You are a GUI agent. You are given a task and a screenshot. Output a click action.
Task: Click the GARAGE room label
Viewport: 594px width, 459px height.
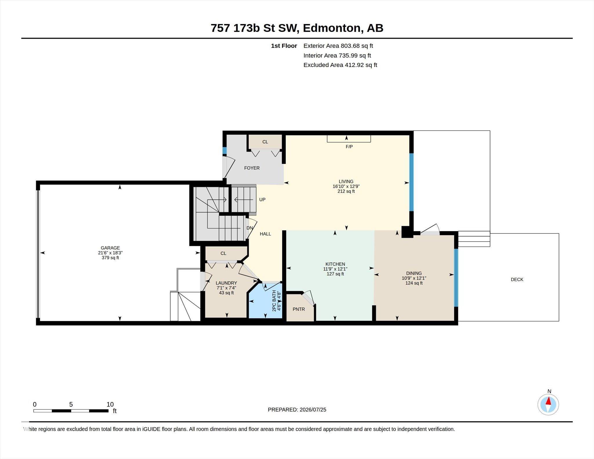click(110, 248)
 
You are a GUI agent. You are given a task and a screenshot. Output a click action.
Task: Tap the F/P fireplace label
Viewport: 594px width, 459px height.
click(349, 147)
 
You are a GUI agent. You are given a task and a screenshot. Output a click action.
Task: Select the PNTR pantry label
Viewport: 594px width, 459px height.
click(299, 309)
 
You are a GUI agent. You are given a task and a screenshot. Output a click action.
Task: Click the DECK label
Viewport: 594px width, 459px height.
click(517, 280)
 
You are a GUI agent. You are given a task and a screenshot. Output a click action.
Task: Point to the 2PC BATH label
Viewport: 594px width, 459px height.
click(274, 301)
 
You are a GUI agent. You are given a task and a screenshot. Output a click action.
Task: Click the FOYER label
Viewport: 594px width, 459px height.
click(252, 168)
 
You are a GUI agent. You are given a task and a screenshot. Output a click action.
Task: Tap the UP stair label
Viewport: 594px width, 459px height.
click(262, 199)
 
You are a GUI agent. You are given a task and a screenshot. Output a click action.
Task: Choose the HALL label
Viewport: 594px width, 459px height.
click(265, 234)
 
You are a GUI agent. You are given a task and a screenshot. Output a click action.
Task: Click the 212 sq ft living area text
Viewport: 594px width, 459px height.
click(346, 191)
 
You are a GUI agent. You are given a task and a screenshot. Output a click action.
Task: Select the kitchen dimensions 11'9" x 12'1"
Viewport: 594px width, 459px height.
click(335, 269)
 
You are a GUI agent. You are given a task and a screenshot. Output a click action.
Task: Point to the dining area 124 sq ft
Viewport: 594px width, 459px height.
click(414, 283)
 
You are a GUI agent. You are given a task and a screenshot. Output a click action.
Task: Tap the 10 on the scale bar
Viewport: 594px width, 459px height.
click(110, 404)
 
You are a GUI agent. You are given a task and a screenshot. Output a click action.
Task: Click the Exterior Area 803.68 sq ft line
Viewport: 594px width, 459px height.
click(338, 46)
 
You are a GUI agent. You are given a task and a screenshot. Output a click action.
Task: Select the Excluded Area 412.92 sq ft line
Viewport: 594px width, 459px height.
click(340, 65)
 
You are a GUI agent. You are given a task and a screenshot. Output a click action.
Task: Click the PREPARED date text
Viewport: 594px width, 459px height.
click(297, 410)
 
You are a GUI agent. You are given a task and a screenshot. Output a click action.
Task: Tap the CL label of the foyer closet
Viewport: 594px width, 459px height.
click(265, 142)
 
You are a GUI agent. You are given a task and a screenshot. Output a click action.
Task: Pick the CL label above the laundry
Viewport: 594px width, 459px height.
click(223, 253)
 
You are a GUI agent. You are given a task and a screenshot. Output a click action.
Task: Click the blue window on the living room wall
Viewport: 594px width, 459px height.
click(411, 182)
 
